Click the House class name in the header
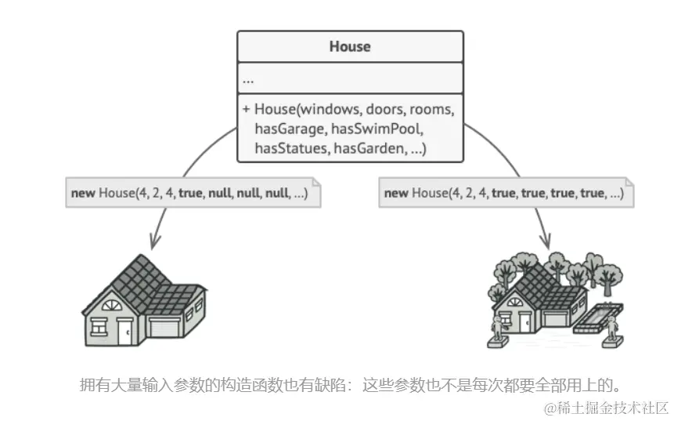pyautogui.click(x=350, y=46)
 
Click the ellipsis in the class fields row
pyautogui.click(x=248, y=79)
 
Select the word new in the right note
pyautogui.click(x=396, y=193)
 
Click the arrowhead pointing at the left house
pyautogui.click(x=153, y=241)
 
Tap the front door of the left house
pyautogui.click(x=125, y=331)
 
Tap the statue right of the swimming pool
pyautogui.click(x=613, y=329)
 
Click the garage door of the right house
pyautogui.click(x=555, y=318)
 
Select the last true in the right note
pyautogui.click(x=593, y=193)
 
